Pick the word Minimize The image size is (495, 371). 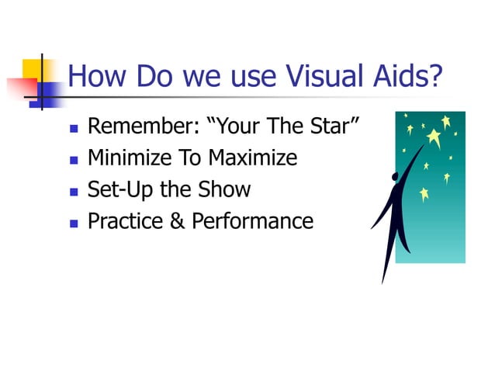130,158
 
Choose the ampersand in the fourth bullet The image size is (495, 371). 178,221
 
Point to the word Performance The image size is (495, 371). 252,221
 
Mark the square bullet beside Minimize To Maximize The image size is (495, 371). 73,159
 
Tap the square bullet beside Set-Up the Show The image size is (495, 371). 73,191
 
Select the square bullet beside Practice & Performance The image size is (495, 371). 73,223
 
